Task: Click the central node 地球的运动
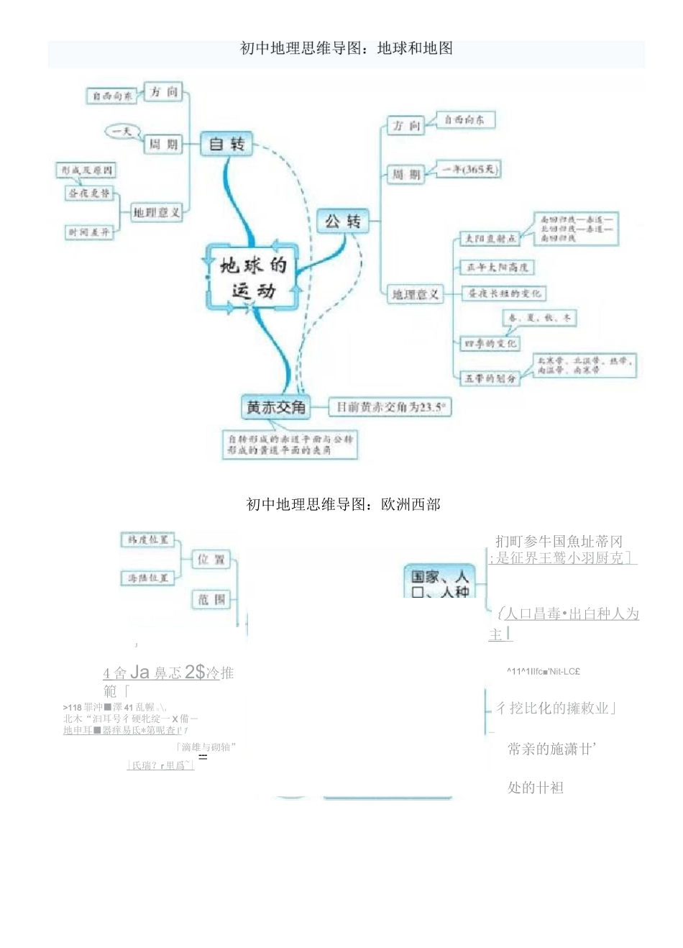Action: click(x=252, y=277)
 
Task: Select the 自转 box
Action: click(x=226, y=144)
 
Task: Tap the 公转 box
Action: click(x=342, y=221)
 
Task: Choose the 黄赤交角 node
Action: click(x=276, y=407)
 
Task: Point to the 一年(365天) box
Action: click(x=468, y=170)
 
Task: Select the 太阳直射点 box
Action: click(x=490, y=238)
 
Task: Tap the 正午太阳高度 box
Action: click(x=497, y=268)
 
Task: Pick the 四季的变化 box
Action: click(x=490, y=343)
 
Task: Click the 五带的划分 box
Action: click(x=490, y=378)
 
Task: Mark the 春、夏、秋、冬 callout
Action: click(x=538, y=317)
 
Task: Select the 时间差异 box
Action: click(x=89, y=232)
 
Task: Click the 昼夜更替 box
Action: click(x=89, y=193)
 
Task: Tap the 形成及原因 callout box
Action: click(x=86, y=170)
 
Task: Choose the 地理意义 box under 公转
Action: click(x=415, y=293)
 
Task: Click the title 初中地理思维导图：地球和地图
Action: click(x=346, y=48)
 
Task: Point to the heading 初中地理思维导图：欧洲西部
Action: click(x=343, y=504)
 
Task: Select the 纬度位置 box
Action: click(x=148, y=539)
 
